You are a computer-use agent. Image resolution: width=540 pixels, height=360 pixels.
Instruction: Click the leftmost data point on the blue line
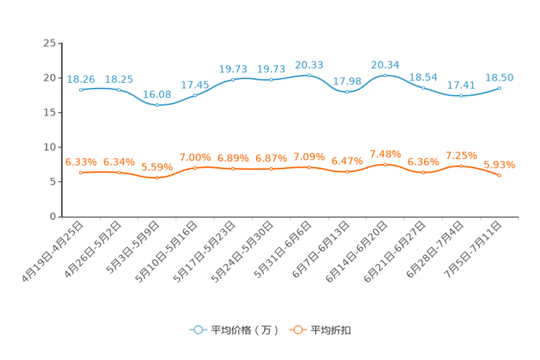pos(81,89)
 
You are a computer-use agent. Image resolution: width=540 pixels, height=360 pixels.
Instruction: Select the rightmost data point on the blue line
pos(500,88)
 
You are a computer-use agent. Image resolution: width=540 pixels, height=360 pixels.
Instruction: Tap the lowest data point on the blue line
pos(157,106)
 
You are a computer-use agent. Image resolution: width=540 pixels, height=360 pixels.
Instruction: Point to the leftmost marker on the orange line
pos(81,172)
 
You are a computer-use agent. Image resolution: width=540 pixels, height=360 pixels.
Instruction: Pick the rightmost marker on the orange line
pos(500,175)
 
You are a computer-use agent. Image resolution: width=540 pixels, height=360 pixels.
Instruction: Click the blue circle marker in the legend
pos(197,330)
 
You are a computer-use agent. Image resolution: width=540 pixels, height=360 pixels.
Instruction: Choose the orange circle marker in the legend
pos(297,330)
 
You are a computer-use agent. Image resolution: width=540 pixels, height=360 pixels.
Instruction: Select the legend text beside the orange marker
pos(331,330)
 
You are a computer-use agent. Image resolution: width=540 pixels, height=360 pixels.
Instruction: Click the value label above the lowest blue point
pos(157,95)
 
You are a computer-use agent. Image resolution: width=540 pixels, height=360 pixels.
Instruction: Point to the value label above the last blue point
pos(500,77)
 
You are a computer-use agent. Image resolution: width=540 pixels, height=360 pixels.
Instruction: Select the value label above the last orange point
pos(500,165)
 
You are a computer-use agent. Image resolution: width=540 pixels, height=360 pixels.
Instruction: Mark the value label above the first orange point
pos(81,161)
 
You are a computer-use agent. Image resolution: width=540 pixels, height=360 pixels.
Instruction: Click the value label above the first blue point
pos(81,78)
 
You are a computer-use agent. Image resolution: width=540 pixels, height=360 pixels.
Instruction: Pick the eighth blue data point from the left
pos(348,92)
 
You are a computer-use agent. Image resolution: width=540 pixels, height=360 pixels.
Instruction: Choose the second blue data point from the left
pos(119,89)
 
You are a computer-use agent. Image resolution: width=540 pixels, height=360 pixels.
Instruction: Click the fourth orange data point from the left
pos(195,168)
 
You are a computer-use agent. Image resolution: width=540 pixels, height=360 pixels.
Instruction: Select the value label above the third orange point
pos(157,167)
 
